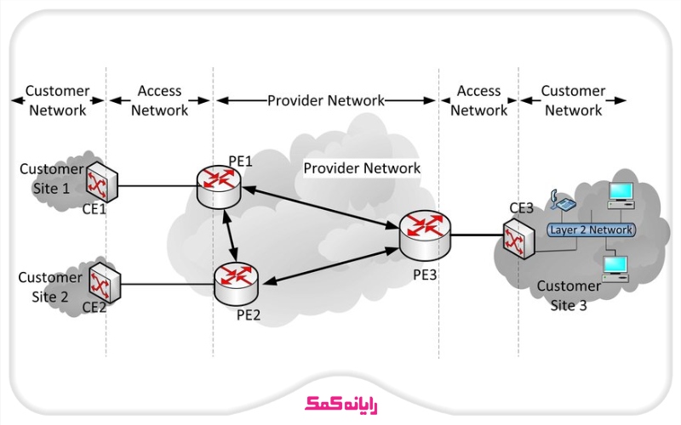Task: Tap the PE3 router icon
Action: pos(424,234)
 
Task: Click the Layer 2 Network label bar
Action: pos(591,230)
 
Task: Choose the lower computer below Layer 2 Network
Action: pos(615,268)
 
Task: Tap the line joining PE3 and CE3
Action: pos(477,235)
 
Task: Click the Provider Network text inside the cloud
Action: pos(362,168)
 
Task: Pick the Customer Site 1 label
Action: pos(51,177)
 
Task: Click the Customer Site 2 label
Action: pos(49,286)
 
